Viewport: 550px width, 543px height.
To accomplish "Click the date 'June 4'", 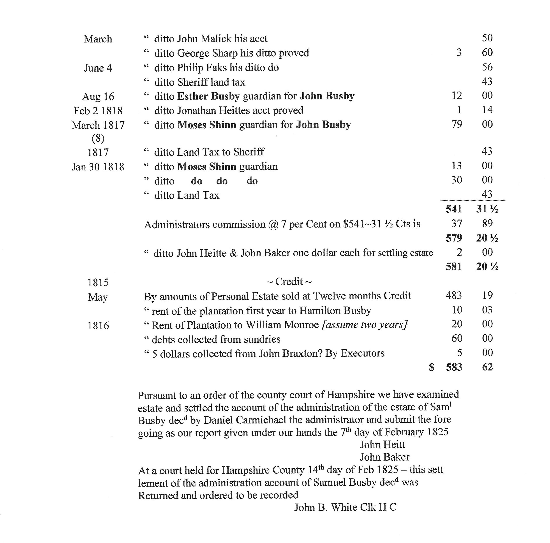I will click(x=98, y=68).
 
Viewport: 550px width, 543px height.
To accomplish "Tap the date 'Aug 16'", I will click(x=98, y=97).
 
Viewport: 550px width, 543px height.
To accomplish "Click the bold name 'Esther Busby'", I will click(x=208, y=96).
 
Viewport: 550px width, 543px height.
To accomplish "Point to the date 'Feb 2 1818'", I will click(x=98, y=111).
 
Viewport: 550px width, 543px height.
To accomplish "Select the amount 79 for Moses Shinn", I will click(x=457, y=124).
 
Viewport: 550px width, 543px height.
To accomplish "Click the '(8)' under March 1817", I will click(x=98, y=138).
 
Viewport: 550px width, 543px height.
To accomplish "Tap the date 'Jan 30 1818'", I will click(x=98, y=167).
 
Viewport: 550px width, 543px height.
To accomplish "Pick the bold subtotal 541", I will click(x=453, y=209).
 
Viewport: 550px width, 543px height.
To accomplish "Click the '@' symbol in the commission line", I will click(x=273, y=225).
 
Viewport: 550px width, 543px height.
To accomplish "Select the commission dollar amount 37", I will click(x=457, y=224).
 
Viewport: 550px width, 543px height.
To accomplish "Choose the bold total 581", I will click(x=453, y=266).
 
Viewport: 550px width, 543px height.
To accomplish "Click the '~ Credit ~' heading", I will click(x=289, y=282).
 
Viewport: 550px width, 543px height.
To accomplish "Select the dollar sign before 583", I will click(x=432, y=367).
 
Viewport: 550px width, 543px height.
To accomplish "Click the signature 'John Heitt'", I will click(x=382, y=444).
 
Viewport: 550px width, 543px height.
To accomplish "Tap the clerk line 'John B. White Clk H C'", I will click(x=345, y=507).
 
